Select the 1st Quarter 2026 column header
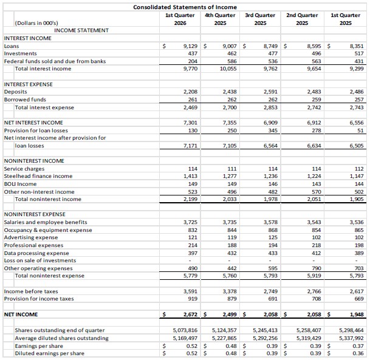click(176, 19)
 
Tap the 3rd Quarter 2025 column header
click(260, 19)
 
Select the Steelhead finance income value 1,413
click(190, 176)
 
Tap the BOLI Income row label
click(20, 183)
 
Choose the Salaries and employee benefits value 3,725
click(190, 222)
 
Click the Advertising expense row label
click(30, 237)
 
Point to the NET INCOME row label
click(21, 314)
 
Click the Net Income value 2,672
click(190, 314)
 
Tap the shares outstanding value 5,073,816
click(185, 330)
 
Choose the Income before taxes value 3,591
click(190, 291)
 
